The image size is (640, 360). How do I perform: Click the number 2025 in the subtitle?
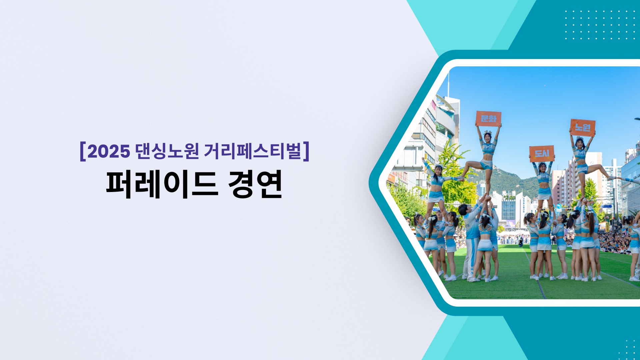(x=109, y=151)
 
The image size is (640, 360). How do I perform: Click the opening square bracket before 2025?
(x=83, y=152)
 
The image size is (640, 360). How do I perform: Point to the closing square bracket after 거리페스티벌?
(x=307, y=152)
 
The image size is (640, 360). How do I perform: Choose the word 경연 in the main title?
(x=255, y=184)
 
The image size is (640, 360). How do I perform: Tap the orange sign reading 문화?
(x=488, y=118)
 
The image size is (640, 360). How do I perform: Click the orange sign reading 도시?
(x=542, y=154)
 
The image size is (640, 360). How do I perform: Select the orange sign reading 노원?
(x=583, y=127)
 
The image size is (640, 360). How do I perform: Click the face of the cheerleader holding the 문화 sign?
(x=488, y=137)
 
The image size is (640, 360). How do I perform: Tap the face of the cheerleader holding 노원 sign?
(x=580, y=144)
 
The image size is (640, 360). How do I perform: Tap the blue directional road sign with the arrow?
(x=559, y=206)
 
